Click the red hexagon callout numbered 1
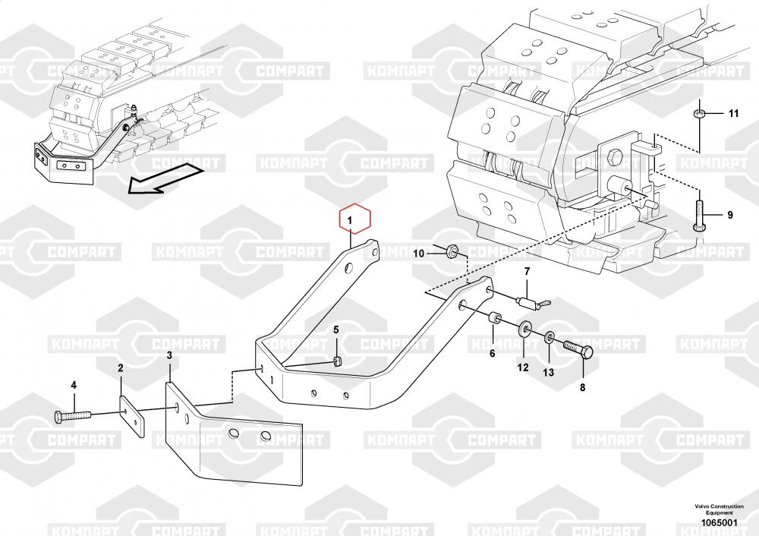tap(354, 220)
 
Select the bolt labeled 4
tap(73, 416)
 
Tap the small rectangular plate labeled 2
tap(131, 416)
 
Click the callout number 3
tap(169, 355)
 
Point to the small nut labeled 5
tap(339, 360)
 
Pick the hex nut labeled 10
tap(451, 251)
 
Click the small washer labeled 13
tap(550, 337)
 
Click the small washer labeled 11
tap(698, 115)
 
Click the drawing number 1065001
tap(720, 522)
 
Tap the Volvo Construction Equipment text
tap(720, 509)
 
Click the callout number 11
tap(734, 113)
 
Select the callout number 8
tap(582, 387)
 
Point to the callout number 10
tap(419, 254)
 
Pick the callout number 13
tap(548, 372)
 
